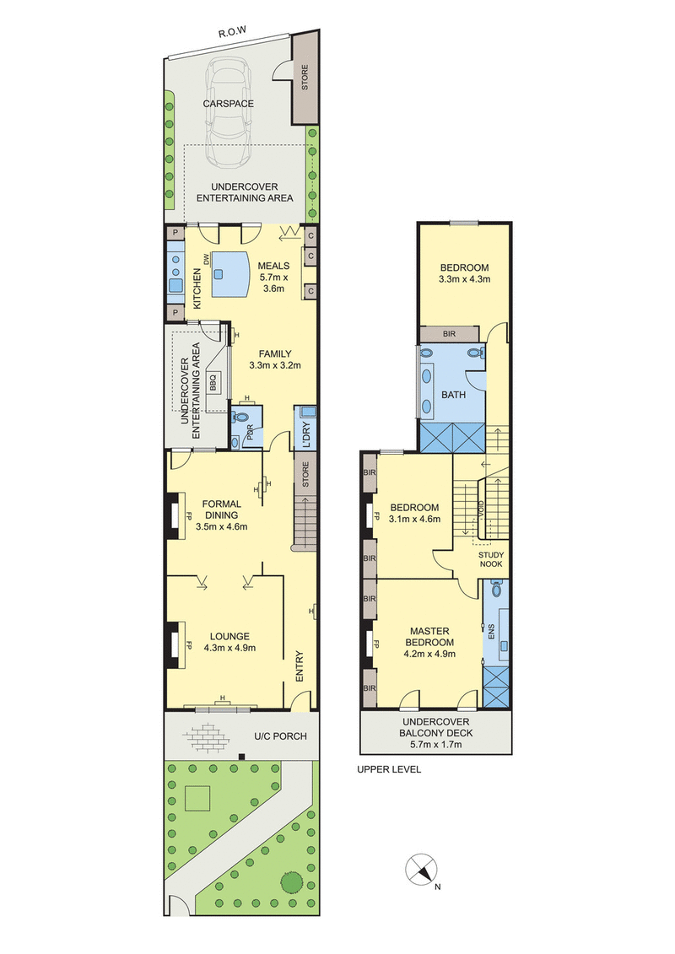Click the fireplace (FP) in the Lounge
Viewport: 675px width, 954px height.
(x=178, y=644)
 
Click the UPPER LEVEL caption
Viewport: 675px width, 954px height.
(x=388, y=769)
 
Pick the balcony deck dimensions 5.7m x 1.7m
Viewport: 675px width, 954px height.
(x=435, y=745)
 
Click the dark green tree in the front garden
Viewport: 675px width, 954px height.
(x=292, y=883)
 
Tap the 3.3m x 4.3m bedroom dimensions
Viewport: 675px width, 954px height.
(x=464, y=278)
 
